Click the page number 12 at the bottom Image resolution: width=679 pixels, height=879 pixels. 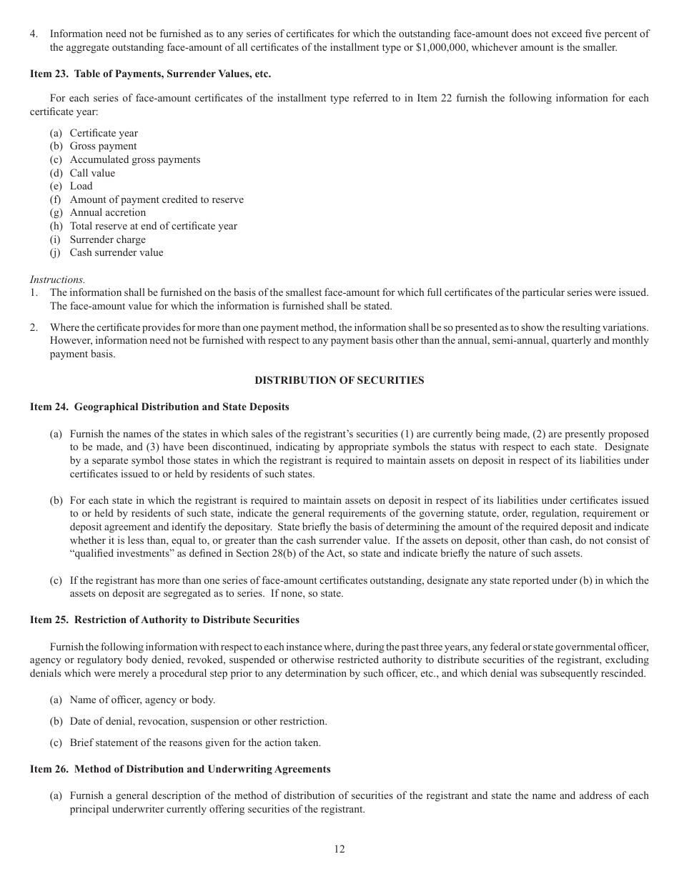339,849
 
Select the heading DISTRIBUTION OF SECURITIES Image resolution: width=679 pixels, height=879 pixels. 339,380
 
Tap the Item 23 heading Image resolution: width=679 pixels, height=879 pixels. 150,74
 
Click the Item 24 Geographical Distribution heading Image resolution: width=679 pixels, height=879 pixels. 159,407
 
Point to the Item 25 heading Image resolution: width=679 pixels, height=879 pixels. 164,620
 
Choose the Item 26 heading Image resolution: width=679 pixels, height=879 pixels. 180,769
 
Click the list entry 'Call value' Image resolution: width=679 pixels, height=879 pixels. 92,173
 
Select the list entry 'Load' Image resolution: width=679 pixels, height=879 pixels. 81,186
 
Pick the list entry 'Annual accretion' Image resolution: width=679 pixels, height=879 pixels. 107,212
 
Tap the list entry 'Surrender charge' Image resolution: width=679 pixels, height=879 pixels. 107,239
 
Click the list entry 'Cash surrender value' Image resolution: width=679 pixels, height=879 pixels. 116,252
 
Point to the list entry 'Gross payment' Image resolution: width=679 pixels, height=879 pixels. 103,146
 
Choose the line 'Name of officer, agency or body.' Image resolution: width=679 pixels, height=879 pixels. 142,700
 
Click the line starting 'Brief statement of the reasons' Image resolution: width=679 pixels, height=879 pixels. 194,743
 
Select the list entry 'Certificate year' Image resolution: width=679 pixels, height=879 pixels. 104,133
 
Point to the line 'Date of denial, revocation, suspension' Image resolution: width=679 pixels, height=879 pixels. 198,721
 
